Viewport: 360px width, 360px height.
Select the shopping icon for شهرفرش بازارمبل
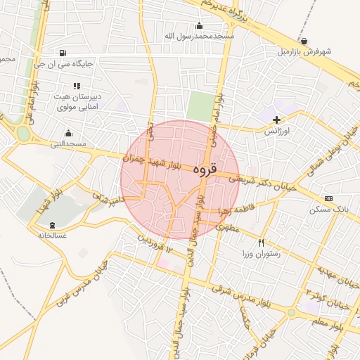point(303,41)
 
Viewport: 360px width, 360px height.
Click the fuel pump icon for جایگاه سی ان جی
point(63,52)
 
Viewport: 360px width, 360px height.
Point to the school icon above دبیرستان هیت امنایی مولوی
point(77,86)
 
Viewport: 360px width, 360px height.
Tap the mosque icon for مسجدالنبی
point(68,133)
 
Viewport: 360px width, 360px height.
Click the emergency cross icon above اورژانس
point(276,120)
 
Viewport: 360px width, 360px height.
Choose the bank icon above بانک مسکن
point(328,199)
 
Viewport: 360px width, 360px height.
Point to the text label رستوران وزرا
point(262,254)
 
